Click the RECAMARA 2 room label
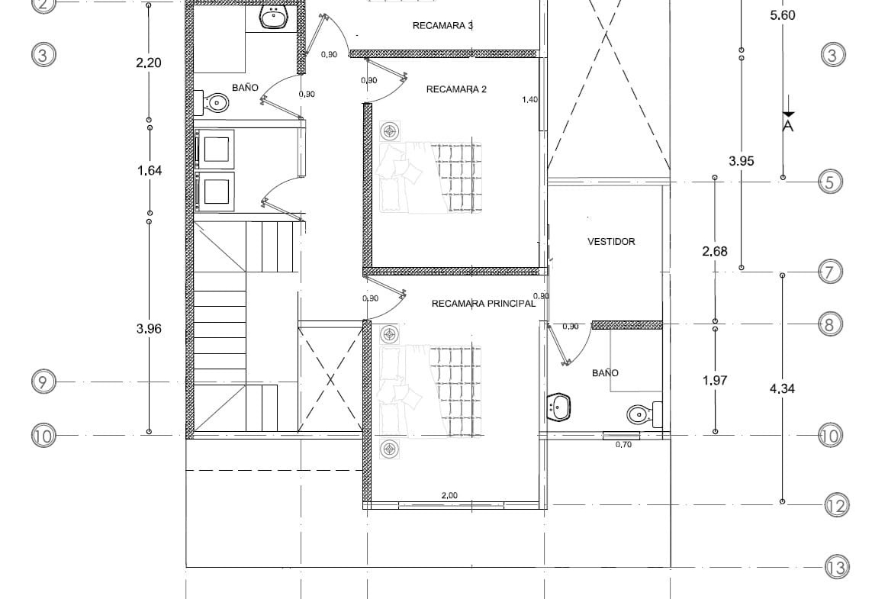coord(456,89)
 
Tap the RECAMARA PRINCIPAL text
coord(483,304)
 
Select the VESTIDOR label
coord(611,241)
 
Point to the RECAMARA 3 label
coord(443,25)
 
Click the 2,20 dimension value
coord(148,63)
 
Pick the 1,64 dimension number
coord(150,171)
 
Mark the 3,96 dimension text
coord(149,329)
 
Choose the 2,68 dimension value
coord(715,251)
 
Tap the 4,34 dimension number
coord(782,388)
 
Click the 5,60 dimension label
coord(783,15)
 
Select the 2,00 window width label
coord(449,495)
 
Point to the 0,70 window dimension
coord(623,445)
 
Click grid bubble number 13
coord(836,567)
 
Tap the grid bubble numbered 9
coord(43,382)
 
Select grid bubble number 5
coord(830,182)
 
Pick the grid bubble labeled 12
coord(836,505)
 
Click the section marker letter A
coord(788,126)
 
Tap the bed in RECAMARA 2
coord(430,178)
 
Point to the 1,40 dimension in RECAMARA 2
coord(529,100)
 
